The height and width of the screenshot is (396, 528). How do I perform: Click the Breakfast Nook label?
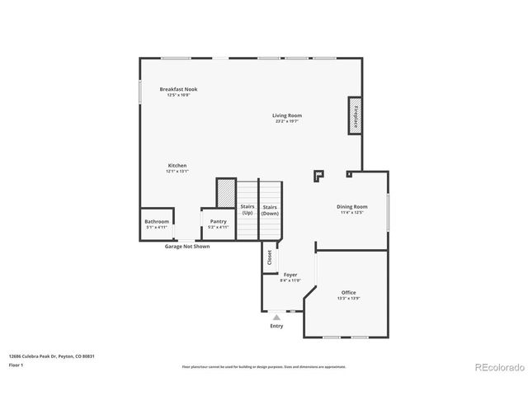coord(178,89)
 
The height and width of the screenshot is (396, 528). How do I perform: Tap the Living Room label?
coord(287,115)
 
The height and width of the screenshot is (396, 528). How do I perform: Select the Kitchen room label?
coord(177,165)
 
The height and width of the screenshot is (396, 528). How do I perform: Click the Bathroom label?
coord(157,221)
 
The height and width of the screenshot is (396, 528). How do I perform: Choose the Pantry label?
coord(218,221)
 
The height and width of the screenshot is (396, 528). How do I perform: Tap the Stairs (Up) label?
coord(247,210)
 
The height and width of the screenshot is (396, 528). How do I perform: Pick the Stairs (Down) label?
coord(270,210)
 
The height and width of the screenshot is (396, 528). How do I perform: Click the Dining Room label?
coord(351,206)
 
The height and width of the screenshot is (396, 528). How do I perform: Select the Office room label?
coord(349,293)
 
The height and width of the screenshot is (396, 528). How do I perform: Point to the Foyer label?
coord(290,275)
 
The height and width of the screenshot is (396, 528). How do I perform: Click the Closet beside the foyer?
coord(269,257)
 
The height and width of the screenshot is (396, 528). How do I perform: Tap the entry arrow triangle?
coord(276,317)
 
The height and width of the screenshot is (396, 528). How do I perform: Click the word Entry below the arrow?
coord(276,327)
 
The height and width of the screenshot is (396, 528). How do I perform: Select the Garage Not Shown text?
coord(187,246)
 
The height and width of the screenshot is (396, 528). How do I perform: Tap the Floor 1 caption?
coord(16,364)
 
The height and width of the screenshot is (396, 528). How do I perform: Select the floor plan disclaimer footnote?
coord(264,365)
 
